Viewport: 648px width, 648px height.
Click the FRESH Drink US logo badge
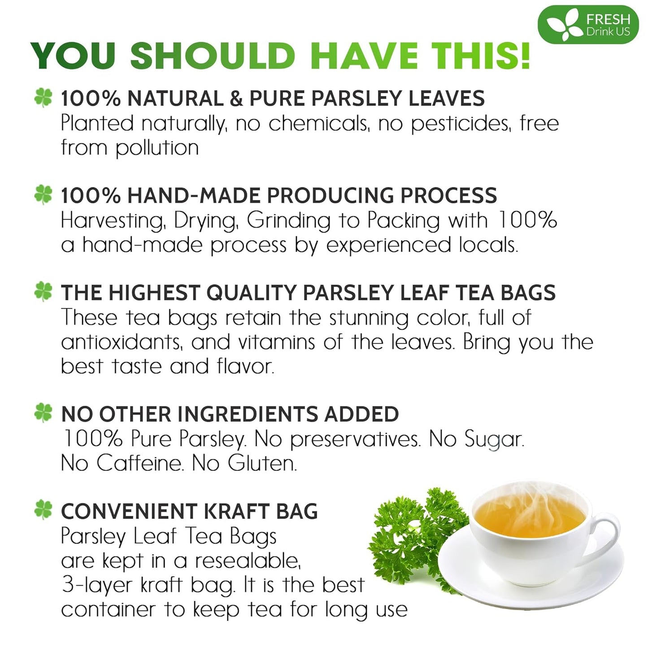tap(587, 26)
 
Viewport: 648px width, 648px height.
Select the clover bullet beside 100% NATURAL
tap(43, 98)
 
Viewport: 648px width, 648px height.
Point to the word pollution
tap(157, 148)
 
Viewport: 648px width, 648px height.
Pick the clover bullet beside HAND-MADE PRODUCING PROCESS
tap(43, 195)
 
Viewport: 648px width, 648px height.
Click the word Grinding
tap(288, 221)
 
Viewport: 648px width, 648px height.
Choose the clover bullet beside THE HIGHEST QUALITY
tap(43, 292)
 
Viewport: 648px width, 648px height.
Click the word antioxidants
tap(122, 342)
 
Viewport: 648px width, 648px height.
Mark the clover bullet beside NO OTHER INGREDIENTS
tap(43, 413)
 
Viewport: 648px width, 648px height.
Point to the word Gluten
tap(262, 463)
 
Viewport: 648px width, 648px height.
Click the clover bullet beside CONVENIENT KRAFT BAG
tap(43, 510)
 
